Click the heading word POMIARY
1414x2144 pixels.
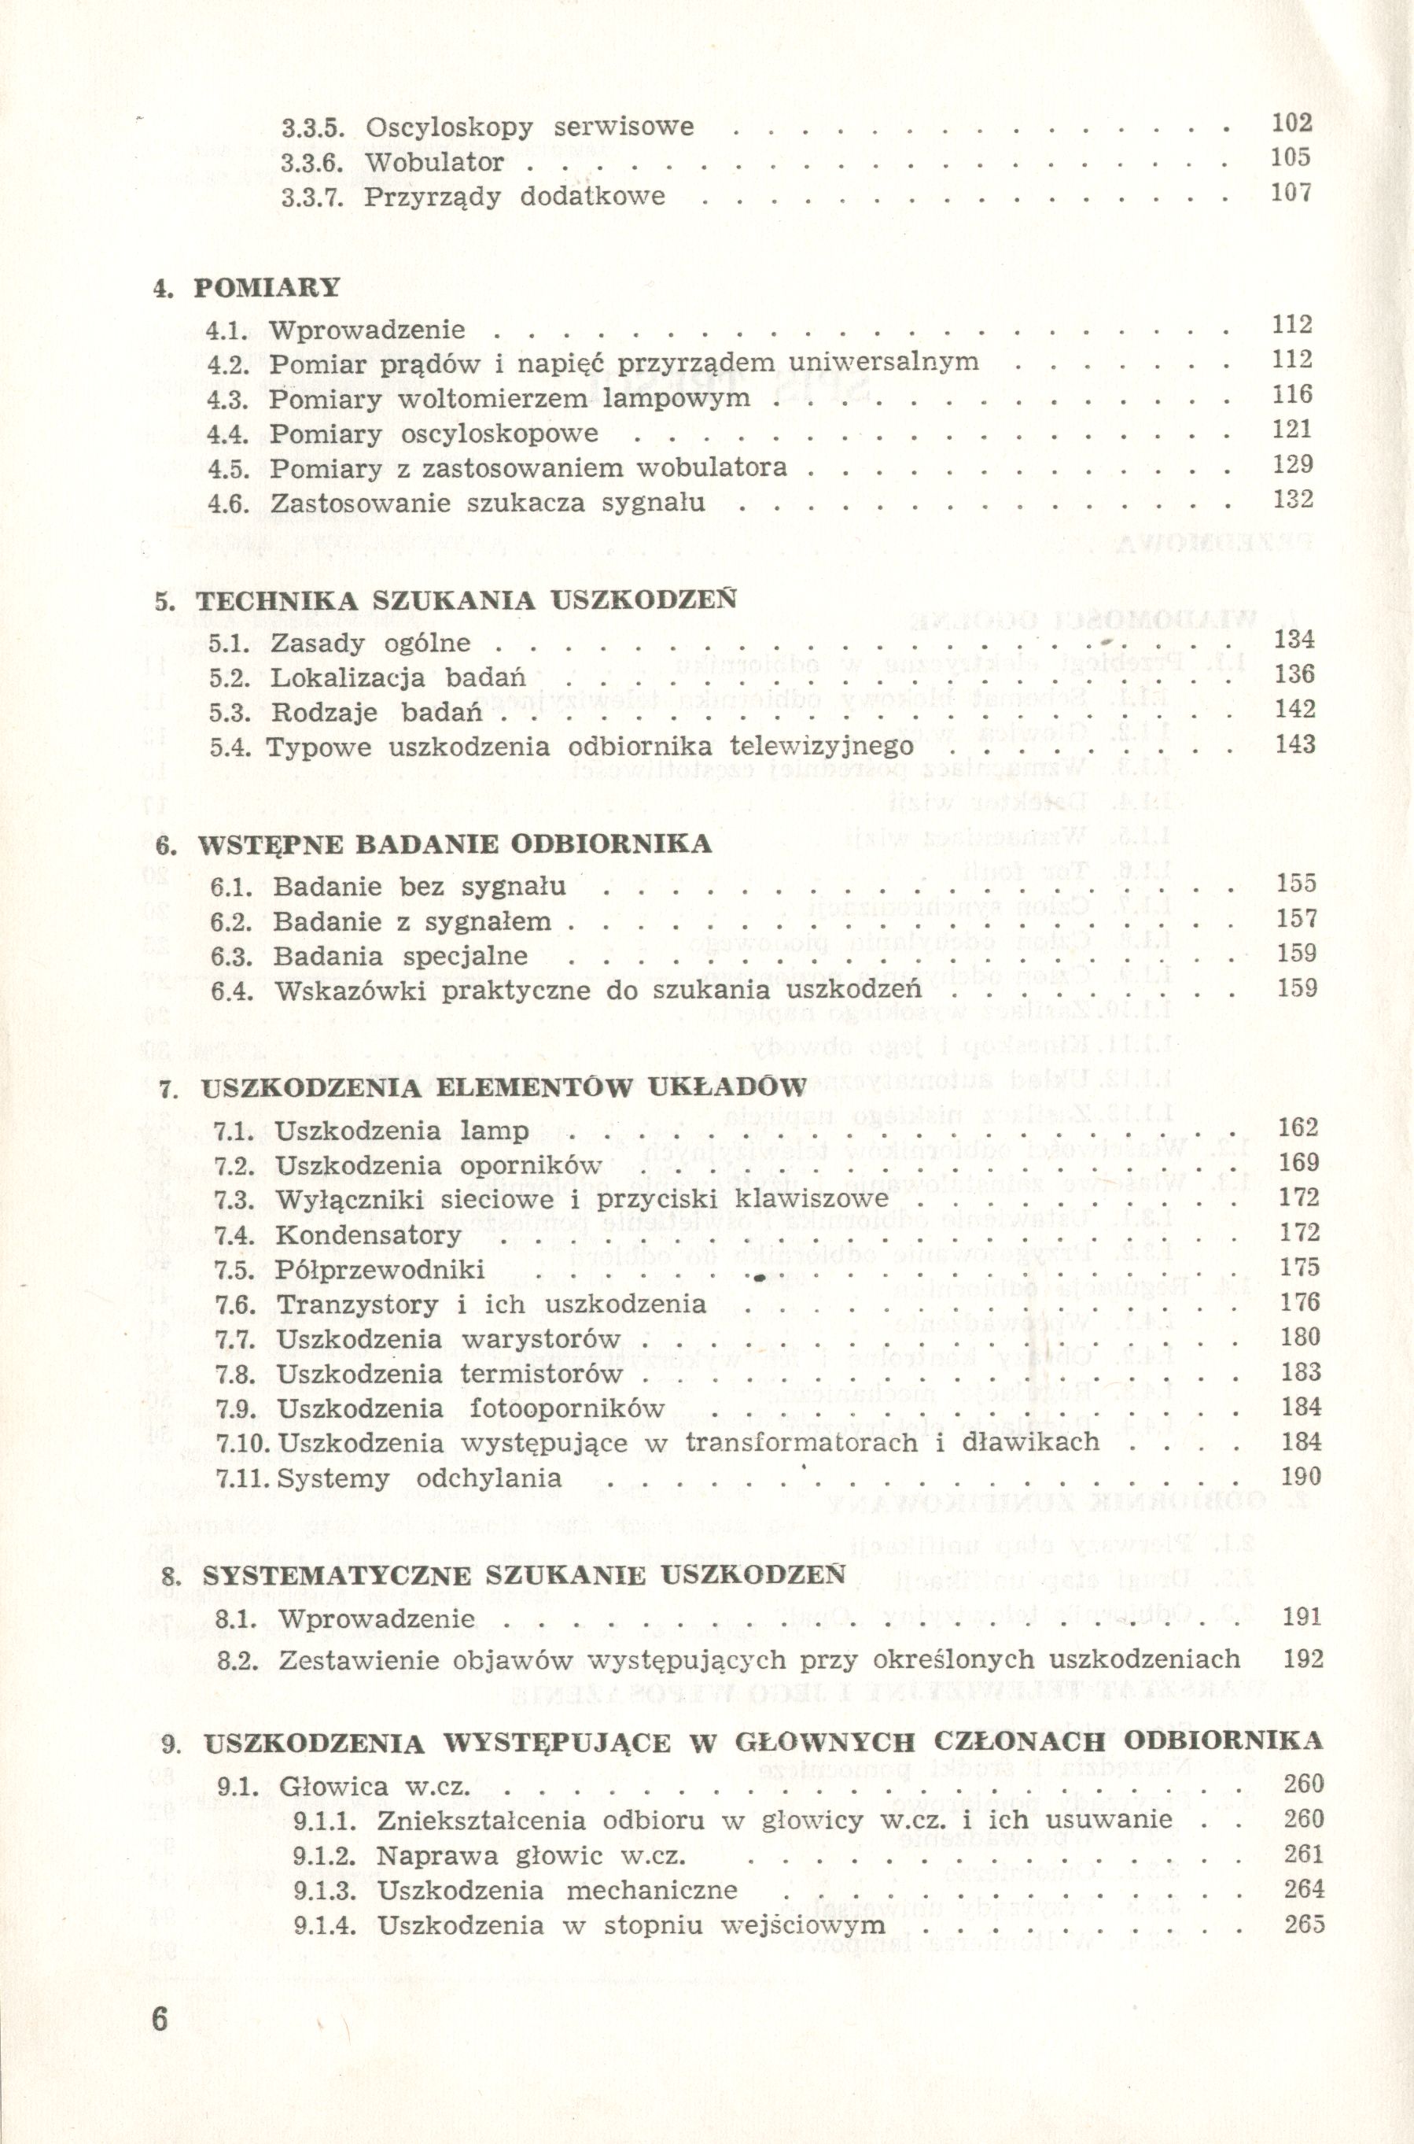(267, 288)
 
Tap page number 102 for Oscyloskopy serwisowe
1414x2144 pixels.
(1291, 124)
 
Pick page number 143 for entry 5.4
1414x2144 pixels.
(1295, 744)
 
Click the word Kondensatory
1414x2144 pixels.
(369, 1234)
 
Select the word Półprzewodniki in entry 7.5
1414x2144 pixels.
(381, 1269)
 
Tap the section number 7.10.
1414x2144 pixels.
(244, 1442)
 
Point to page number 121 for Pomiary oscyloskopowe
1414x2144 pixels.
(1292, 430)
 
